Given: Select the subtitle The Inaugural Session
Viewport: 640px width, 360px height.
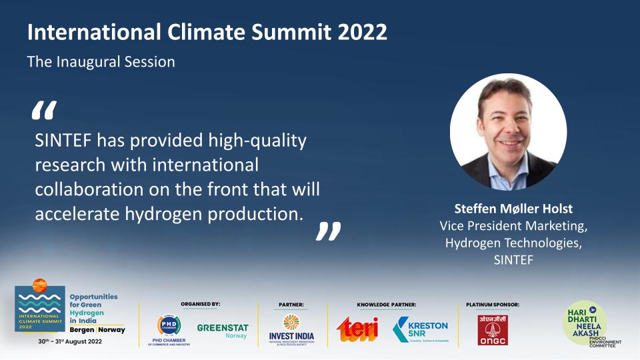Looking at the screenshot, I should coord(101,62).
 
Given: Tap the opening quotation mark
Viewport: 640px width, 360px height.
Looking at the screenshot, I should coord(44,111).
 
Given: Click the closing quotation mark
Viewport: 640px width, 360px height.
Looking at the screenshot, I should coord(328,231).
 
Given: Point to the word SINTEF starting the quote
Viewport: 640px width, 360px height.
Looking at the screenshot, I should coord(63,141).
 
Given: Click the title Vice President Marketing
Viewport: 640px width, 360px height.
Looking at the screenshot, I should coord(513,227).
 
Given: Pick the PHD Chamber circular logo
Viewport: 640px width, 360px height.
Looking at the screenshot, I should coord(169,326).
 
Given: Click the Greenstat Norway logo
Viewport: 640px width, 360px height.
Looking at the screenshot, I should coord(223,330).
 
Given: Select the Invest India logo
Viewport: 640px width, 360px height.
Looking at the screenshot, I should coord(291,327).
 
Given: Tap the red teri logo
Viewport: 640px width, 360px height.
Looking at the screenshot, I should coord(357,329).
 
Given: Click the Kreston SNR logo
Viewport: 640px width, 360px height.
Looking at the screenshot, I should coord(421,329).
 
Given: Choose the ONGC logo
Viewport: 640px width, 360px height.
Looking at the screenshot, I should coord(493,329).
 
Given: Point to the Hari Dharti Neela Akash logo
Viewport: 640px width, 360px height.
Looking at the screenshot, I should coord(587,324).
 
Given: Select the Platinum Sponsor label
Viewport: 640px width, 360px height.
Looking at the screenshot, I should coord(493,305).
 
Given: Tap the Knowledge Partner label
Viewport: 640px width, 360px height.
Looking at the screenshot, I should coord(386,305).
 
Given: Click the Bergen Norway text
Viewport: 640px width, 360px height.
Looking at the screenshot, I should coord(97,329).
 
